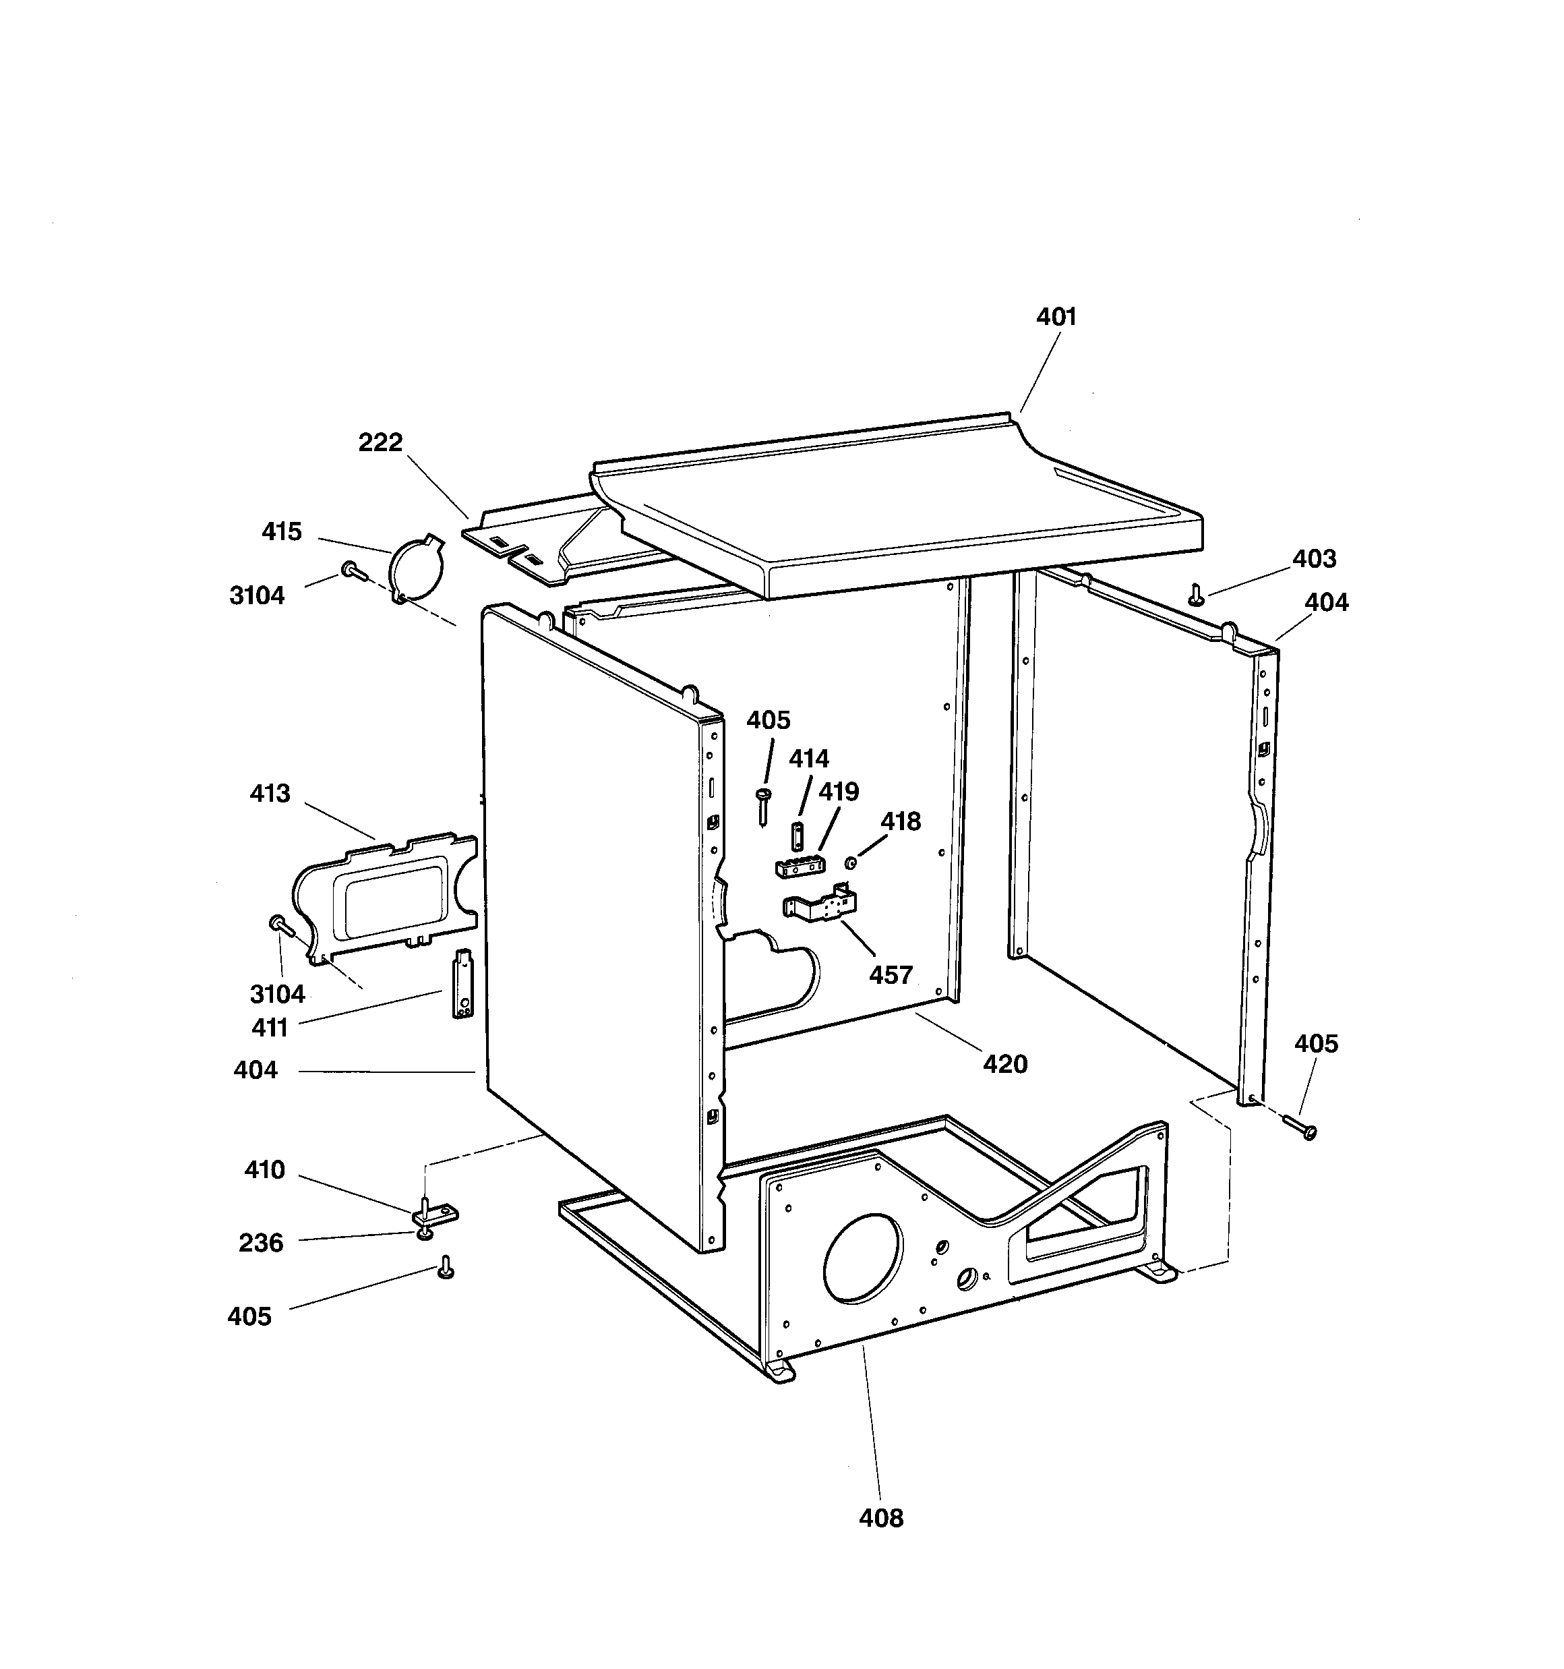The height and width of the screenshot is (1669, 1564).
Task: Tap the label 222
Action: pyautogui.click(x=380, y=442)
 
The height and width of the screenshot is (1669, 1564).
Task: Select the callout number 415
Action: pyautogui.click(x=281, y=531)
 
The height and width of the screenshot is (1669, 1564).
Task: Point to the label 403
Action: pyautogui.click(x=1314, y=558)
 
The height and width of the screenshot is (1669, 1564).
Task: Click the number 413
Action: pyautogui.click(x=270, y=793)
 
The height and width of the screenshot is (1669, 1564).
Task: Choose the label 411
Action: pyautogui.click(x=270, y=1027)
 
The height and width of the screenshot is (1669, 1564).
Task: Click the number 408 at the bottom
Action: pyautogui.click(x=880, y=1518)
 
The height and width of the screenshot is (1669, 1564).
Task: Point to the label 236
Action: pyautogui.click(x=260, y=1243)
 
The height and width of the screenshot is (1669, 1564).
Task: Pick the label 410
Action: pyautogui.click(x=264, y=1169)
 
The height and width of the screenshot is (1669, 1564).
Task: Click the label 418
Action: pyautogui.click(x=901, y=821)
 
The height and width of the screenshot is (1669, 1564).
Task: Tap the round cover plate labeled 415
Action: pyautogui.click(x=417, y=565)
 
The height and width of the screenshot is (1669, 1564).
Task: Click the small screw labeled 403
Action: pyautogui.click(x=1197, y=594)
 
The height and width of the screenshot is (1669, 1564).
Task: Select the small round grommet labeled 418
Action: pyautogui.click(x=849, y=862)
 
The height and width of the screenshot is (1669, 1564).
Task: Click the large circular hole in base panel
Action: pyautogui.click(x=863, y=1258)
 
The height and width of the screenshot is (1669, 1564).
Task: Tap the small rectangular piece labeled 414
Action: pyautogui.click(x=797, y=836)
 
